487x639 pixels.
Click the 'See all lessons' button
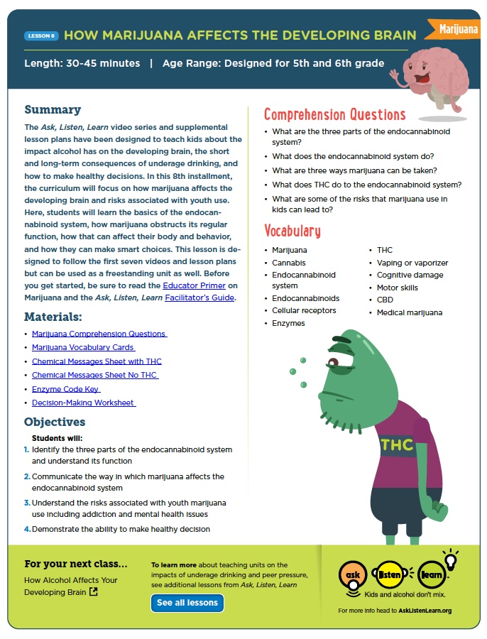[187, 603]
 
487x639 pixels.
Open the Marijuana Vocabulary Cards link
[83, 347]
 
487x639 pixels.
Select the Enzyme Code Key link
[66, 389]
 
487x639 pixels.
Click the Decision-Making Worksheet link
[84, 403]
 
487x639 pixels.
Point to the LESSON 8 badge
[40, 35]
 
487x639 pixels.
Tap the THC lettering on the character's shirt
[397, 444]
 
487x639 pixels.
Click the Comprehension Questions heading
[334, 115]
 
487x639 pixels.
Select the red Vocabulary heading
[292, 231]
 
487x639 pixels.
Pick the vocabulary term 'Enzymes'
[288, 323]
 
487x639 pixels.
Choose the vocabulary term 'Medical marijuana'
[409, 312]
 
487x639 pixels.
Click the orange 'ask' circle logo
[353, 572]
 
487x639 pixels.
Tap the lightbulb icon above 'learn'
[449, 558]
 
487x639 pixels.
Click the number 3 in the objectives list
[27, 503]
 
